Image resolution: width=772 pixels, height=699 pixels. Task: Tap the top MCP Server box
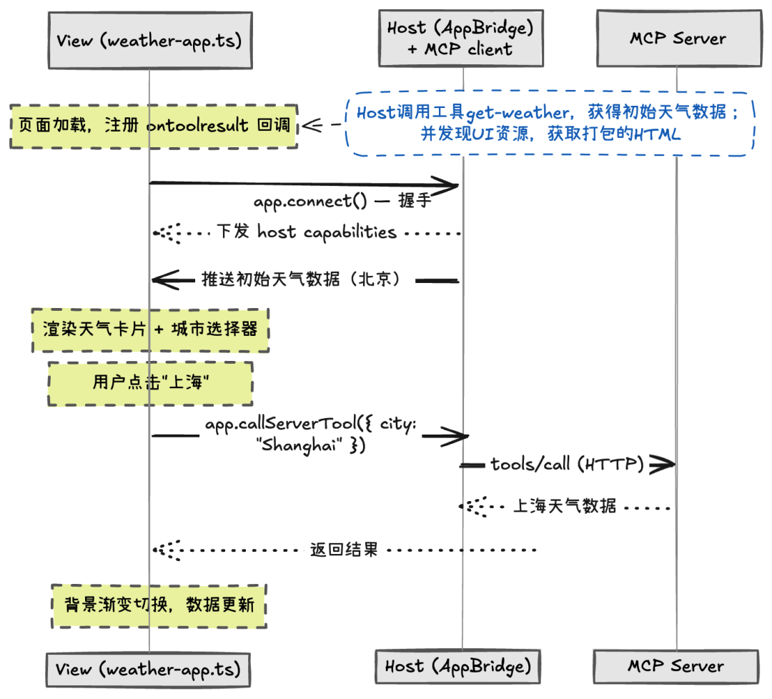tap(677, 39)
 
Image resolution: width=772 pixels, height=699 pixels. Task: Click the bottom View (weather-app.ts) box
tap(149, 668)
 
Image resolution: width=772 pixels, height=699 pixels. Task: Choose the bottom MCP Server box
tap(676, 666)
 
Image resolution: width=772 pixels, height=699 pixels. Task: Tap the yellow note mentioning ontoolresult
tap(154, 126)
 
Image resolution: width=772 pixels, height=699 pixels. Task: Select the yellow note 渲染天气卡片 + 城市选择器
tap(150, 329)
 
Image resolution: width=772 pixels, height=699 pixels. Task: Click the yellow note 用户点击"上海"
tap(150, 383)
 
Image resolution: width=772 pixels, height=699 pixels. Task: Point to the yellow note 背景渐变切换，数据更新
tap(159, 605)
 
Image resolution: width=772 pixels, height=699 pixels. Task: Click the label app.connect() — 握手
tap(342, 201)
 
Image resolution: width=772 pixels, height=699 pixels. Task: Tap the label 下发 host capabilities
tap(306, 232)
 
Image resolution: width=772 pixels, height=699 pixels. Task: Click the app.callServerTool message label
tap(309, 435)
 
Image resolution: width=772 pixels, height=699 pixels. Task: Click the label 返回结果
tap(343, 550)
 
